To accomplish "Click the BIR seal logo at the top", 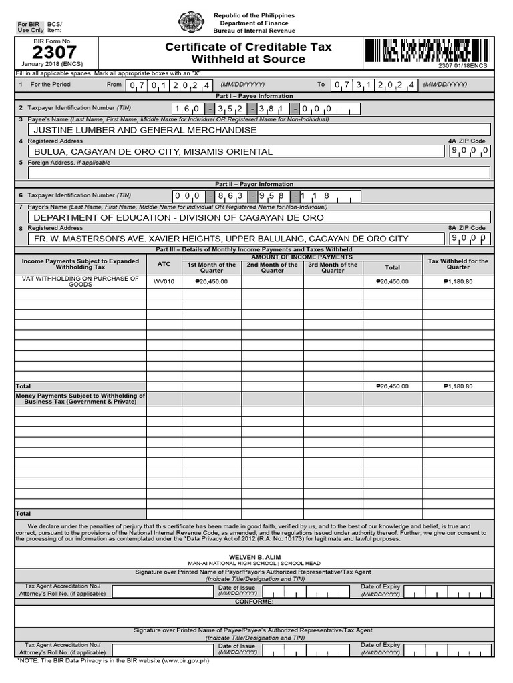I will (192, 22).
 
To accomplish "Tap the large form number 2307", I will (55, 53).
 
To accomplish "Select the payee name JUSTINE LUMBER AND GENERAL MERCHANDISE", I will (145, 130).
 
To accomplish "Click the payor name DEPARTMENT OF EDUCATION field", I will (178, 217).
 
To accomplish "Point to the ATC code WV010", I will (164, 281).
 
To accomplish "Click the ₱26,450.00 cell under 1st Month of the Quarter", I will (211, 281).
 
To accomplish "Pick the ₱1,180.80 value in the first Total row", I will (458, 386).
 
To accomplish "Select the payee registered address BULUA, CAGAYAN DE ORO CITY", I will (153, 151).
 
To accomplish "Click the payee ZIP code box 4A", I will (470, 151).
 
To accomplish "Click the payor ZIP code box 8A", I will (470, 238).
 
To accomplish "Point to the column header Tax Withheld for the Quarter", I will (458, 264).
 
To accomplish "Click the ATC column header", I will (164, 264).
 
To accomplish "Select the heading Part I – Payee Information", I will (254, 96).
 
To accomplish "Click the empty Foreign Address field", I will (259, 173).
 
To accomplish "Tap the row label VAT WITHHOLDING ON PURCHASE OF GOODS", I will (80, 281).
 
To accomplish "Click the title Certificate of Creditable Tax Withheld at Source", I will (248, 53).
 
